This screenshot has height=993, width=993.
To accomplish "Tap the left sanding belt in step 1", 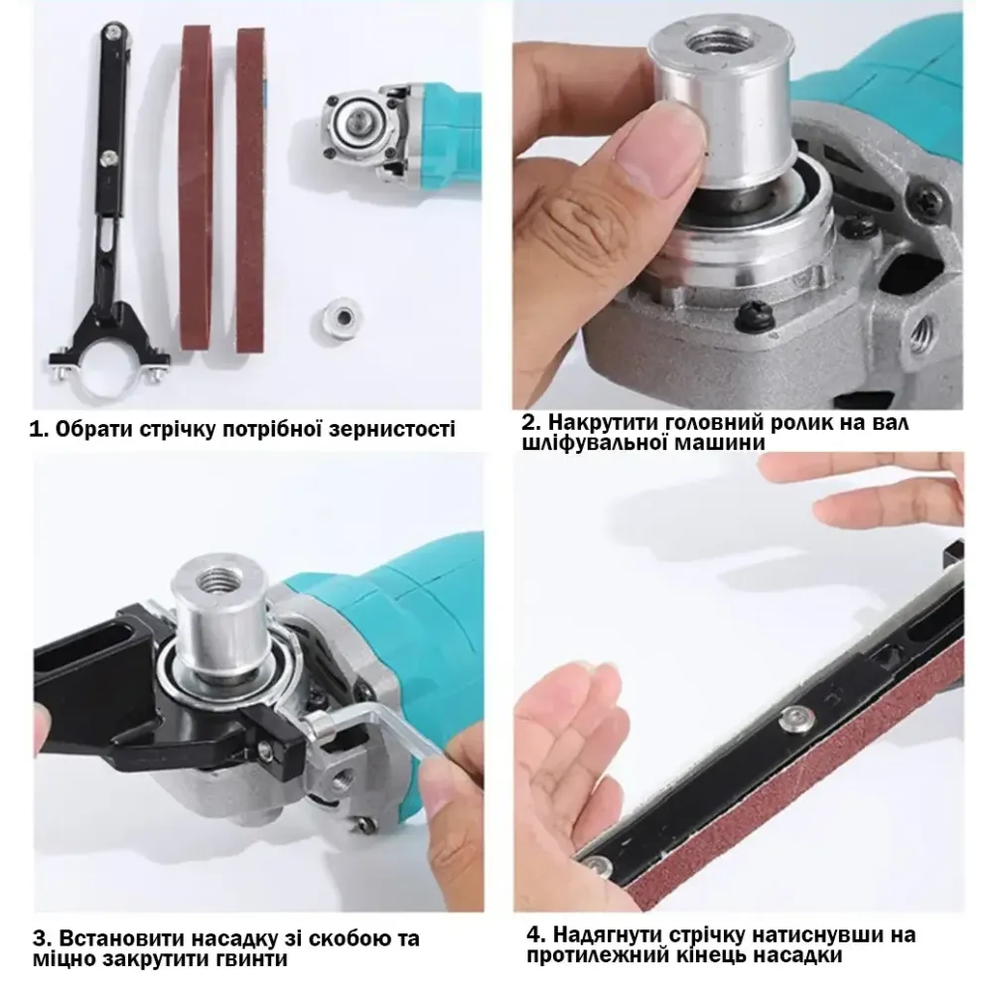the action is [x=197, y=188].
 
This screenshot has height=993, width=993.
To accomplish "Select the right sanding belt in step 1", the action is [x=251, y=190].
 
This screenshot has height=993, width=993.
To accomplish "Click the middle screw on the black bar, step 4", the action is [x=796, y=717].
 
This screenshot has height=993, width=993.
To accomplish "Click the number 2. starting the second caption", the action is [x=530, y=422].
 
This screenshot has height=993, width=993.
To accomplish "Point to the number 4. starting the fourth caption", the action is [x=535, y=934].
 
